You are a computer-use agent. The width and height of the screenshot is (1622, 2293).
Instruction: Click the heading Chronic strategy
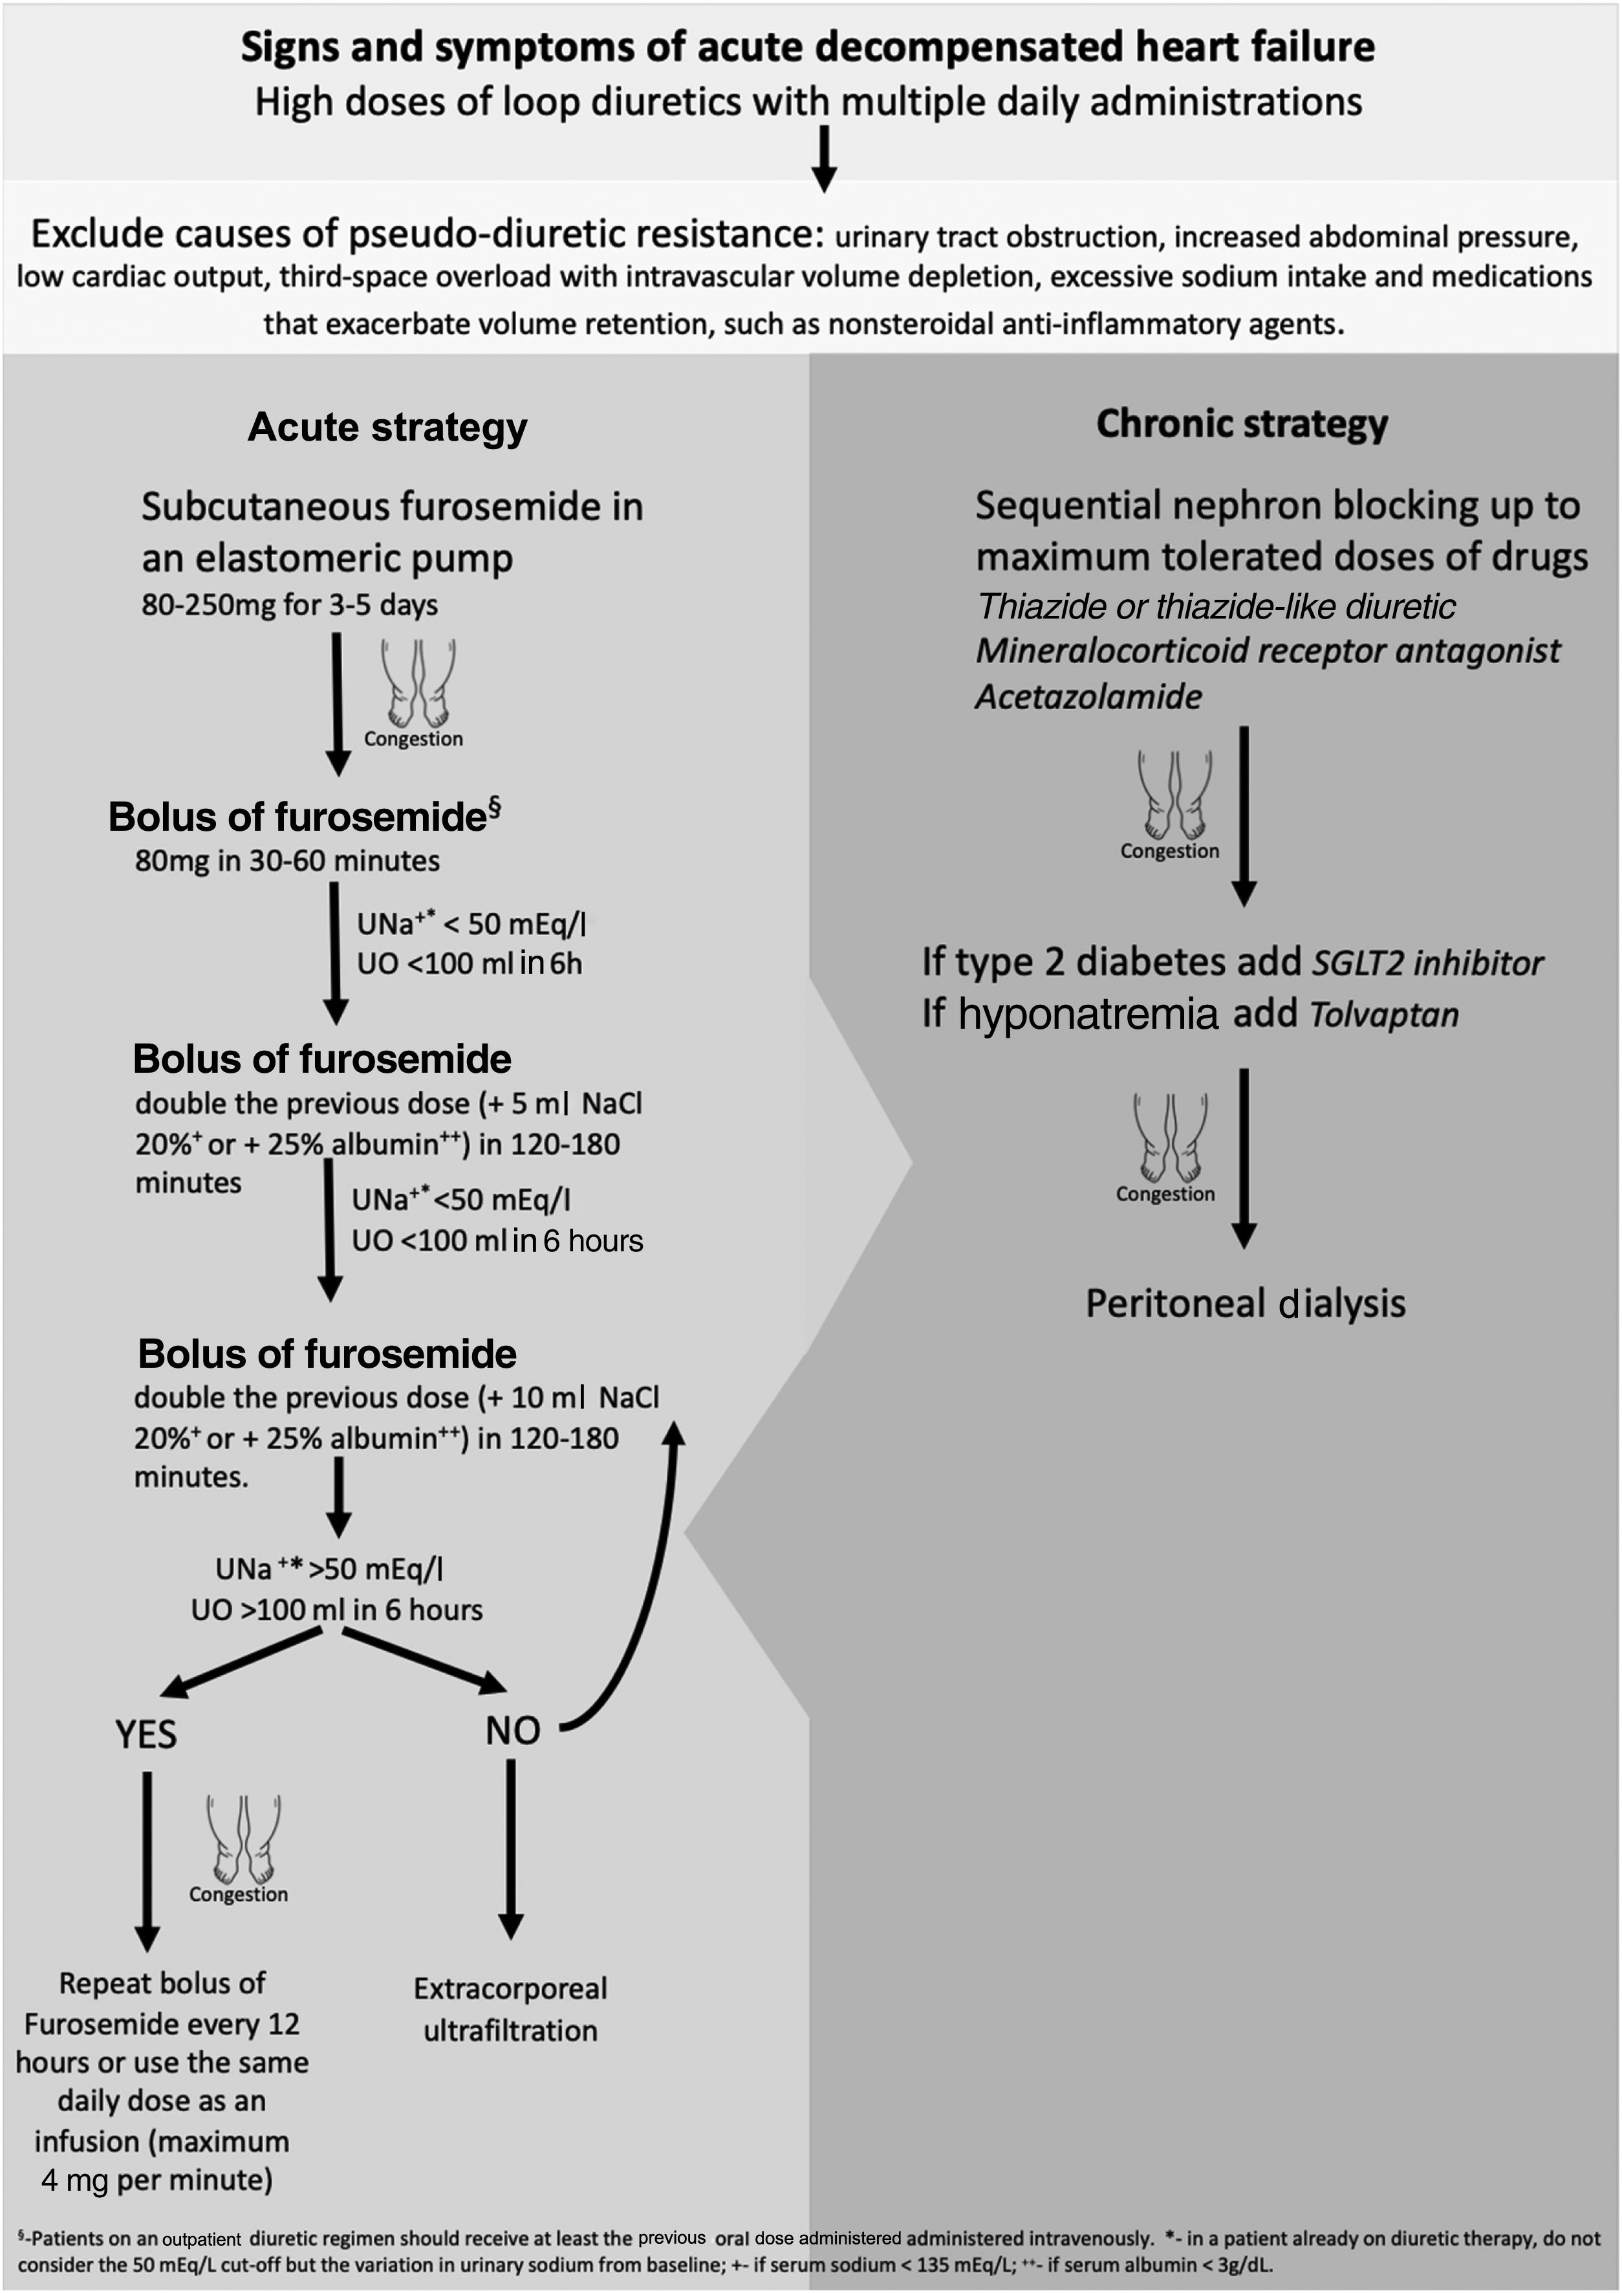click(1242, 424)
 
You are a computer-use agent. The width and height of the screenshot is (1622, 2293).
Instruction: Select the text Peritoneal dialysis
click(1246, 1304)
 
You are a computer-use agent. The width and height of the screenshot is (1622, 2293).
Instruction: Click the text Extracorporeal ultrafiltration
click(510, 2009)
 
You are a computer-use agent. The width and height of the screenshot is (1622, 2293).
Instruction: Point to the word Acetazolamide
click(1088, 696)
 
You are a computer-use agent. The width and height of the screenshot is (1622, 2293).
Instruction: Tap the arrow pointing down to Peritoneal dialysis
click(1244, 1159)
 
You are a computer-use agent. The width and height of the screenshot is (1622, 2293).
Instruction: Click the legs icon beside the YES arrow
click(243, 1838)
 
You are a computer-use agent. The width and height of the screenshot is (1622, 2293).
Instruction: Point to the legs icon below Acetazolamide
click(1174, 795)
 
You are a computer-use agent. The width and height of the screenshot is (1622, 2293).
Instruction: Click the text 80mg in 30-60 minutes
click(288, 861)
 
